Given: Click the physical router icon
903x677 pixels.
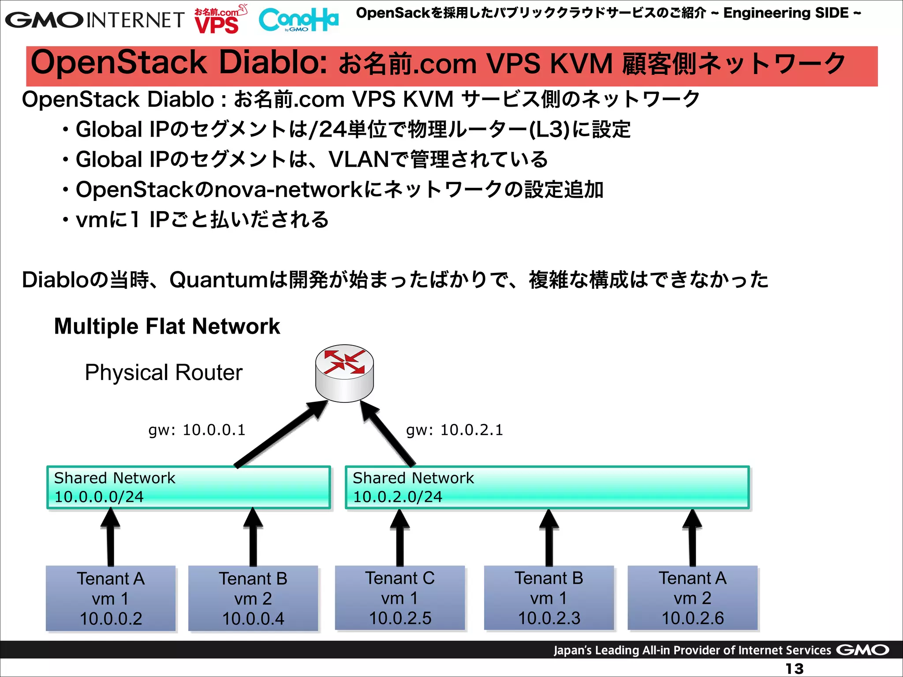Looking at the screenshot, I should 344,373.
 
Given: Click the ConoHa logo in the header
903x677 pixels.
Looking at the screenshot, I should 299,20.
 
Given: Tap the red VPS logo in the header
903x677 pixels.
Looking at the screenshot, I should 218,25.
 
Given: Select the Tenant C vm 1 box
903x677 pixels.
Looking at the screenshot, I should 400,598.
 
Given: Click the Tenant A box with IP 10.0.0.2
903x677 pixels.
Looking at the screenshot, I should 111,598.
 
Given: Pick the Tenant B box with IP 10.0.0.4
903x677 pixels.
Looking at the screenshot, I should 253,598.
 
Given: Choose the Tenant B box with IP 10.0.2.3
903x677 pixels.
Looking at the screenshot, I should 549,598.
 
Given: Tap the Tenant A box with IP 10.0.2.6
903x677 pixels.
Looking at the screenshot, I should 692,598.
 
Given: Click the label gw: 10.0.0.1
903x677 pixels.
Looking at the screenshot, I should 197,430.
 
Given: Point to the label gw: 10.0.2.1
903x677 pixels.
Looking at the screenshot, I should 455,430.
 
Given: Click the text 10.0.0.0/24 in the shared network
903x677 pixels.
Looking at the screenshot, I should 99,497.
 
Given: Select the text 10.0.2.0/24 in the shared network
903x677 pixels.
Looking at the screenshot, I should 397,497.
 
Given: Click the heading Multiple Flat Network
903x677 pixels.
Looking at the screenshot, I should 167,327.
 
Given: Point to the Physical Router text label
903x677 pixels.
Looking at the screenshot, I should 164,372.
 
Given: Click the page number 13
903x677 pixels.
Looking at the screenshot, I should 795,669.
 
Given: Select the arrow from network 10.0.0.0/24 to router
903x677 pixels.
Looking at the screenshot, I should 280,434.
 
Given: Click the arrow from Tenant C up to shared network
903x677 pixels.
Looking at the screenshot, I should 400,538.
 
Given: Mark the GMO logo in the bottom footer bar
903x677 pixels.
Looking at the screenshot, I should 862,650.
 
